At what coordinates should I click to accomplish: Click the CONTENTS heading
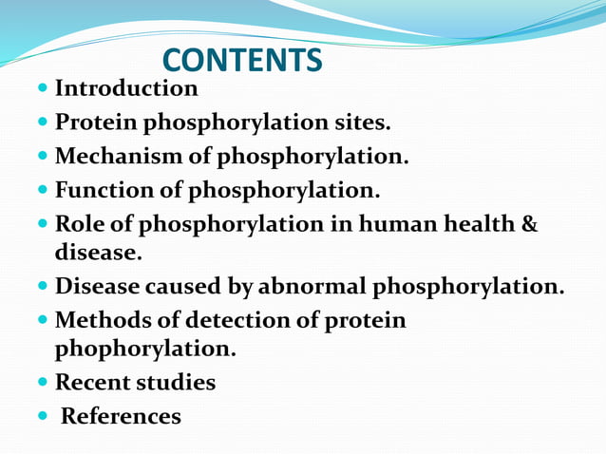[x=242, y=61]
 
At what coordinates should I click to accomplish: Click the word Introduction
[x=126, y=89]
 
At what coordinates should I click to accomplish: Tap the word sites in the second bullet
[x=360, y=123]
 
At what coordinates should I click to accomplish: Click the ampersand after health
[x=530, y=225]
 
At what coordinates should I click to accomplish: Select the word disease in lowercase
[x=96, y=254]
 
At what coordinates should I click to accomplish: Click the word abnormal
[x=314, y=287]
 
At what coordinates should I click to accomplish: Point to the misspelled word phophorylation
[x=143, y=350]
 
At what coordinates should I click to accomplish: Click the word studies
[x=180, y=383]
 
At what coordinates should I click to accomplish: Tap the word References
[x=121, y=416]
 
